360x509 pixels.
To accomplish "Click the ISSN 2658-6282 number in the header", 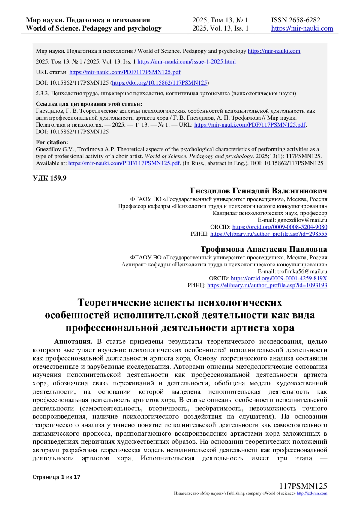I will pos(295,20).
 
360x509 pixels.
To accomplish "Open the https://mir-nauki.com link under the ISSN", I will pos(302,28).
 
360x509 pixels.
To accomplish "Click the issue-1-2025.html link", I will pos(187,62).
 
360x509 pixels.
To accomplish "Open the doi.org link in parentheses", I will pos(160,83).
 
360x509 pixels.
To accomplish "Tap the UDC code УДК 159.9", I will pos(49,178).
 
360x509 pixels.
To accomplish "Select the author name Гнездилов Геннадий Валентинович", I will pos(259,191).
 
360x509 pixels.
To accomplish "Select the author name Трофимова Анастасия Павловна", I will pos(264,249).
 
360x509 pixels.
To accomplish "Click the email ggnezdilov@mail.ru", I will pos(302,220).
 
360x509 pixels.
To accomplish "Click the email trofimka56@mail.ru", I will pos(302,271).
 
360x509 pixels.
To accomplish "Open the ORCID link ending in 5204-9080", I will pos(280,227).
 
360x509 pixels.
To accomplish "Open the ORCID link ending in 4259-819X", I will pos(279,278).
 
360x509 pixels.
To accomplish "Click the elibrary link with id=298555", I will pos(268,234).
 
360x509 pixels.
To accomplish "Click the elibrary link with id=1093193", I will pos(267,285).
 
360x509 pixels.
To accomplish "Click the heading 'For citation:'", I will pos(52,142).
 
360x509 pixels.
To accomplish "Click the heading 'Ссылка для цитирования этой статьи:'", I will pos(89,104).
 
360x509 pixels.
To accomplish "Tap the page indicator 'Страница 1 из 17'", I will pos(56,477).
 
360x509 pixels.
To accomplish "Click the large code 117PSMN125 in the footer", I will pos(303,486).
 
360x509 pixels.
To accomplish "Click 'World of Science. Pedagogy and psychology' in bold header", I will pos(94,28).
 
